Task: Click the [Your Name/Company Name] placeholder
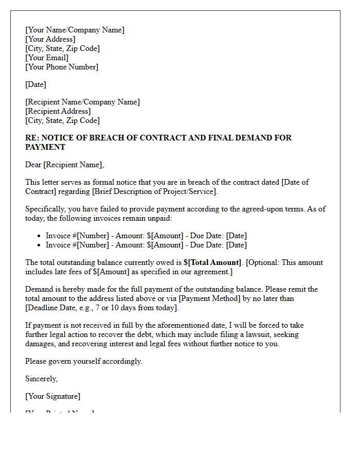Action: (x=75, y=30)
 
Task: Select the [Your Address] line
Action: (x=50, y=39)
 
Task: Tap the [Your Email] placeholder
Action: (x=47, y=58)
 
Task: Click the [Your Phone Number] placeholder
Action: (x=62, y=67)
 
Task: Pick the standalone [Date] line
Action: (x=35, y=84)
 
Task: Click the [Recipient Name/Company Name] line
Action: (x=82, y=102)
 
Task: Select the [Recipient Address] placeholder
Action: (x=58, y=111)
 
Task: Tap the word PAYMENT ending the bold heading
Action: (x=45, y=147)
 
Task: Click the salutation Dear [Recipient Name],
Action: (x=64, y=165)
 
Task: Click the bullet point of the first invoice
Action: (x=40, y=236)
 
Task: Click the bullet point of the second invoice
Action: (x=40, y=245)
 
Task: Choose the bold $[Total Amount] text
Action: (x=212, y=262)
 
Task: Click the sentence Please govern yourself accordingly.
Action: (x=84, y=361)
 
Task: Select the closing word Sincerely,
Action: (x=42, y=379)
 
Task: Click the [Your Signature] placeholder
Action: (x=53, y=396)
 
